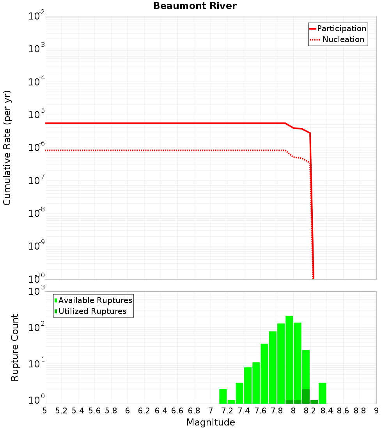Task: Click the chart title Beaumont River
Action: [195, 6]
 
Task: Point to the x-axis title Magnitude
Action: [211, 422]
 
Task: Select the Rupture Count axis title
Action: [15, 347]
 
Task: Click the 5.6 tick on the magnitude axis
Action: [94, 411]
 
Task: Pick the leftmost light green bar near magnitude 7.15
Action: [223, 396]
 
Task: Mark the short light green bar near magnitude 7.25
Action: [231, 402]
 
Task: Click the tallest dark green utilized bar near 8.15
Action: [306, 396]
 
